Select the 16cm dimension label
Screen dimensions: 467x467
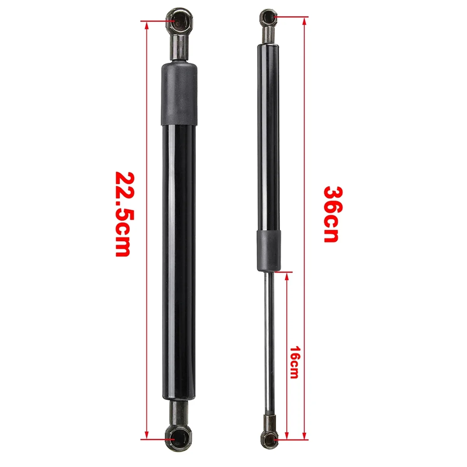[x=294, y=362]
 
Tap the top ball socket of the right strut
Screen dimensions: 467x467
[x=268, y=17]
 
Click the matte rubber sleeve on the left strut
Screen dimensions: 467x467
[x=179, y=95]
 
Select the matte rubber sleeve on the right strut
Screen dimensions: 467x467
[x=268, y=251]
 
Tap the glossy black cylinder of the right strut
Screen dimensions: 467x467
[x=268, y=136]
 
